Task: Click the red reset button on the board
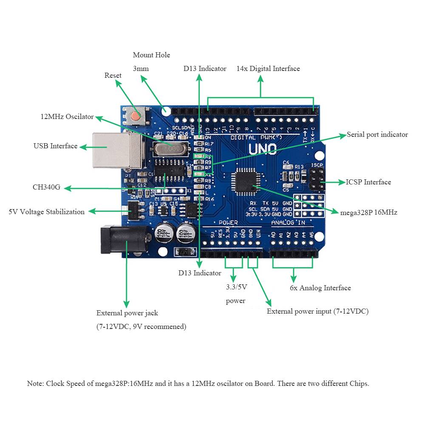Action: [136, 116]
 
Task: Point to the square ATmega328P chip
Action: [244, 180]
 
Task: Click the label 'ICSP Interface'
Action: [368, 182]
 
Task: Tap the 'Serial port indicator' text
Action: [377, 135]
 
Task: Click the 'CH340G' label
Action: [46, 187]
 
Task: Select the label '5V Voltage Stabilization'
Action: [47, 212]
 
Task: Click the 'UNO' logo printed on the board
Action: [262, 150]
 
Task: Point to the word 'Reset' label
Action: [113, 76]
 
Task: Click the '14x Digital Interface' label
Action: [268, 69]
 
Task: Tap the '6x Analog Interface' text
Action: [320, 288]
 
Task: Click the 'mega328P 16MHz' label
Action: [368, 212]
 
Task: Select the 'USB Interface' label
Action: [56, 146]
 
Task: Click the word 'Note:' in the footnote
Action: [35, 383]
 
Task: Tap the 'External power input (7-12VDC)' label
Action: [317, 312]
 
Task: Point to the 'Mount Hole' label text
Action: [151, 55]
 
